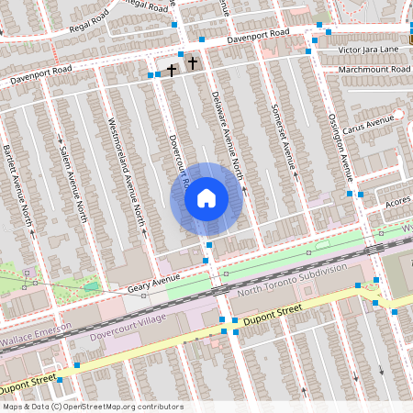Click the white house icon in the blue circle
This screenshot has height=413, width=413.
tap(206, 198)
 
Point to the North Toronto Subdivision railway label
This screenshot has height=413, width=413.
tap(292, 280)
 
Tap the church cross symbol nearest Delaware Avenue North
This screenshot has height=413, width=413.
tap(192, 63)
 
